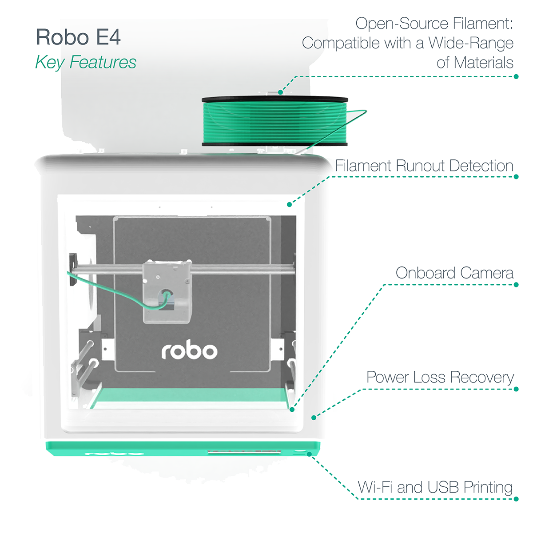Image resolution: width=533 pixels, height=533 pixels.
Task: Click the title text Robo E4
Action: (x=78, y=37)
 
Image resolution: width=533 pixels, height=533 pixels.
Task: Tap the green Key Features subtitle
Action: (x=86, y=63)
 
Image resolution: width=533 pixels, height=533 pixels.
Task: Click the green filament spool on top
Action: (x=274, y=122)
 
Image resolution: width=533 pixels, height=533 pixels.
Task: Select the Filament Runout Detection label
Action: (x=424, y=166)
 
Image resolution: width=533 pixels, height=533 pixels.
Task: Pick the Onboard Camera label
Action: (x=454, y=273)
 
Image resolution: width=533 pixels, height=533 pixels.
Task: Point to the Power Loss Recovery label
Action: (x=440, y=378)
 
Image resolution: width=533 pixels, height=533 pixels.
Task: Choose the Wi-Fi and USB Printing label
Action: (x=435, y=487)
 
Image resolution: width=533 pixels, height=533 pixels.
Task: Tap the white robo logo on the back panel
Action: (x=189, y=351)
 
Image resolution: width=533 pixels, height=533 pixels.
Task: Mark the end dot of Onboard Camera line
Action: (x=292, y=409)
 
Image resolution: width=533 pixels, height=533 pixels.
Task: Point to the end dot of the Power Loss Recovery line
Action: (x=314, y=418)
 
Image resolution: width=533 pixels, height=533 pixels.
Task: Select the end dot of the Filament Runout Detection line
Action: (x=289, y=204)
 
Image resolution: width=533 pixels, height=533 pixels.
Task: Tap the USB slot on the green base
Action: (x=244, y=453)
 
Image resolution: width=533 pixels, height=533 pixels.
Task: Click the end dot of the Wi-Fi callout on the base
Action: (x=309, y=454)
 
